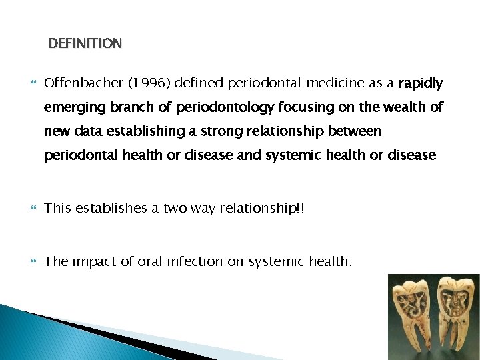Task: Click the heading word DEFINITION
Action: (85, 44)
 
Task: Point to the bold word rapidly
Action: (420, 83)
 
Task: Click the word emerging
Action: (71, 108)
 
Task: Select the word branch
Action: (123, 107)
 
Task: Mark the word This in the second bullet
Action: (59, 208)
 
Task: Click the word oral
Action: (150, 261)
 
